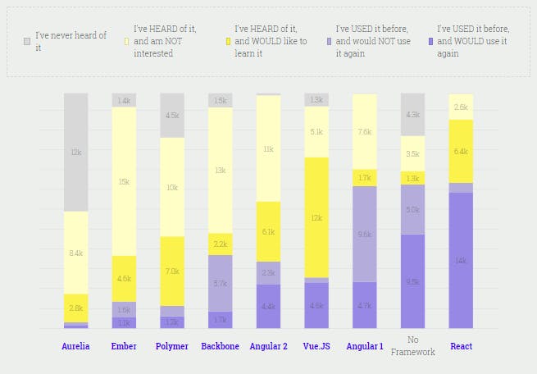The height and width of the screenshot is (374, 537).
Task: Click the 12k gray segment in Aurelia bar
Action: coord(75,152)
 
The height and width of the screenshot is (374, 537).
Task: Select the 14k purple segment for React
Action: coord(461,260)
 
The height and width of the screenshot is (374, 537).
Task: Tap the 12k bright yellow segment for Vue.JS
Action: coord(316,217)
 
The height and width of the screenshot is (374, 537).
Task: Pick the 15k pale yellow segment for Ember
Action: coord(124,181)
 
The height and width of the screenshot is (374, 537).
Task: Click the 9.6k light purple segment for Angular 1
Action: coord(365,234)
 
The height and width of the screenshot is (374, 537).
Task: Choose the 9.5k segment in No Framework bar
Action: coord(412,280)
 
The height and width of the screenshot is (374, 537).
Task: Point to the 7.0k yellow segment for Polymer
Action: coord(172,271)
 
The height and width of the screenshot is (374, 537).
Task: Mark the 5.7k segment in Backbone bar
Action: coord(220,283)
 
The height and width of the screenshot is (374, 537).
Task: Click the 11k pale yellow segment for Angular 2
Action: coord(268,148)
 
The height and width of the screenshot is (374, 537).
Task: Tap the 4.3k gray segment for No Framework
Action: coord(412,115)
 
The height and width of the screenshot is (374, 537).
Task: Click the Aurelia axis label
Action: coord(75,346)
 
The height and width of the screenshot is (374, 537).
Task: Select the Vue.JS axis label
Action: coord(316,346)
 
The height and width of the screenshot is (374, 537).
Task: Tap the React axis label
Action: coord(461,346)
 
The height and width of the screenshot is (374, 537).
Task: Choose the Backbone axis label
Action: coord(220,346)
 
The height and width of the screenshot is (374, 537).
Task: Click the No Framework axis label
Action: coord(412,346)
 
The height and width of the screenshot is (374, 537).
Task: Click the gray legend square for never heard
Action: coord(27,40)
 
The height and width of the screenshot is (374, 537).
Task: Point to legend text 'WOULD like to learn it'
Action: coord(271,47)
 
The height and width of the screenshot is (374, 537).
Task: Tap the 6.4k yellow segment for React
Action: coord(461,151)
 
